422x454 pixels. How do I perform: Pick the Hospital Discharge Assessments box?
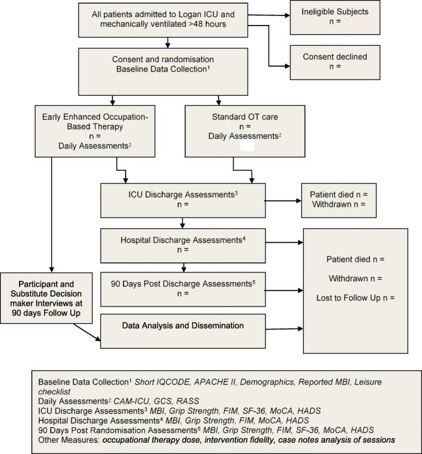point(182,246)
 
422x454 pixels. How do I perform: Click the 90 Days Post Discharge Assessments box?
point(182,289)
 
